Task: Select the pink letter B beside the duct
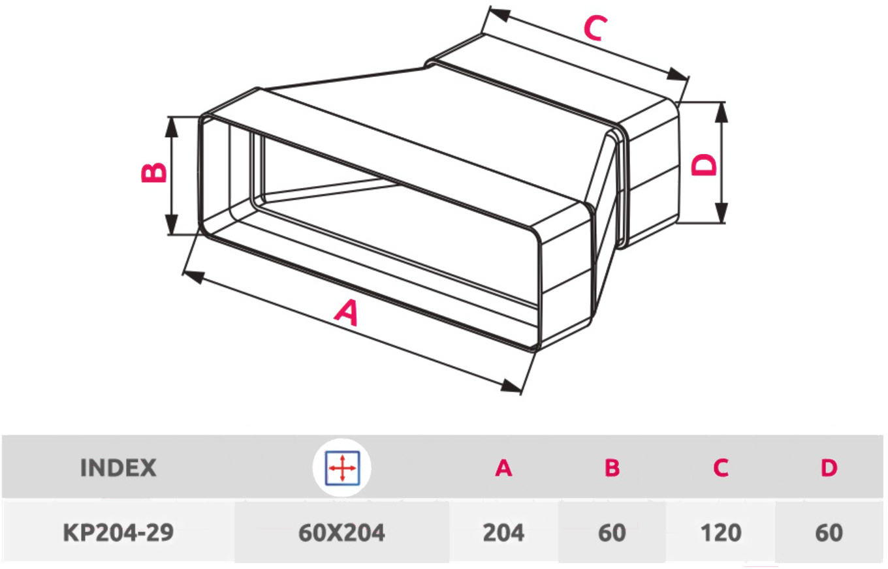point(154,172)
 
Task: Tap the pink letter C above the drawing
point(595,28)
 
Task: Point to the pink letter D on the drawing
point(704,164)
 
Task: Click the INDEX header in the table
point(118,468)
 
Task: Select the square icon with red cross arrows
point(342,468)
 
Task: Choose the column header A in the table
point(503,468)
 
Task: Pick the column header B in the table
point(612,468)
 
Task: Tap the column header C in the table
point(721,468)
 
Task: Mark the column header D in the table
point(829,468)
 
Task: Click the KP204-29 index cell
point(118,532)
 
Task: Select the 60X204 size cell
point(341,532)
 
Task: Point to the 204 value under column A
point(503,532)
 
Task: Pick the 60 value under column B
point(612,532)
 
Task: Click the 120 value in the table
point(721,532)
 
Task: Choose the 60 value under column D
point(829,532)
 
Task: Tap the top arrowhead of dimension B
point(171,128)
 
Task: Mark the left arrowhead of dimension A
point(194,277)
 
